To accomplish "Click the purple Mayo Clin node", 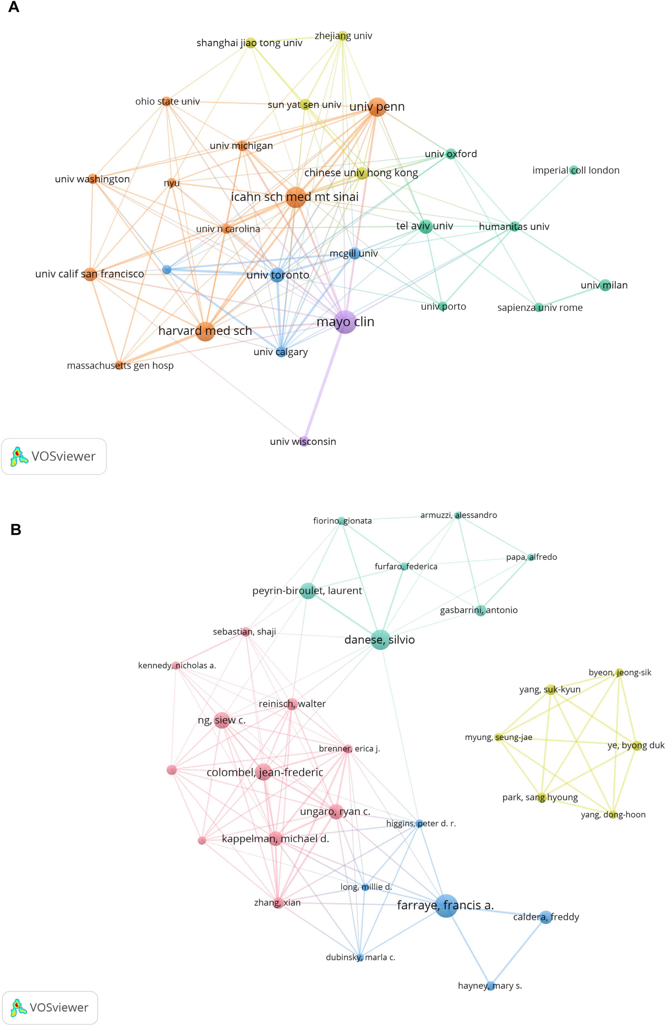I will (x=345, y=322).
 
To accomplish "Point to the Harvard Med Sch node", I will (x=205, y=331).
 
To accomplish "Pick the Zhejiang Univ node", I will (x=342, y=36).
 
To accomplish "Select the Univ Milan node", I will (x=605, y=285).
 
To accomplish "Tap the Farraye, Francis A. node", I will (x=446, y=905).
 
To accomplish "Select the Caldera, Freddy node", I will (x=546, y=917).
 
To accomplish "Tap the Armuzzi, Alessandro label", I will (x=459, y=515).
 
